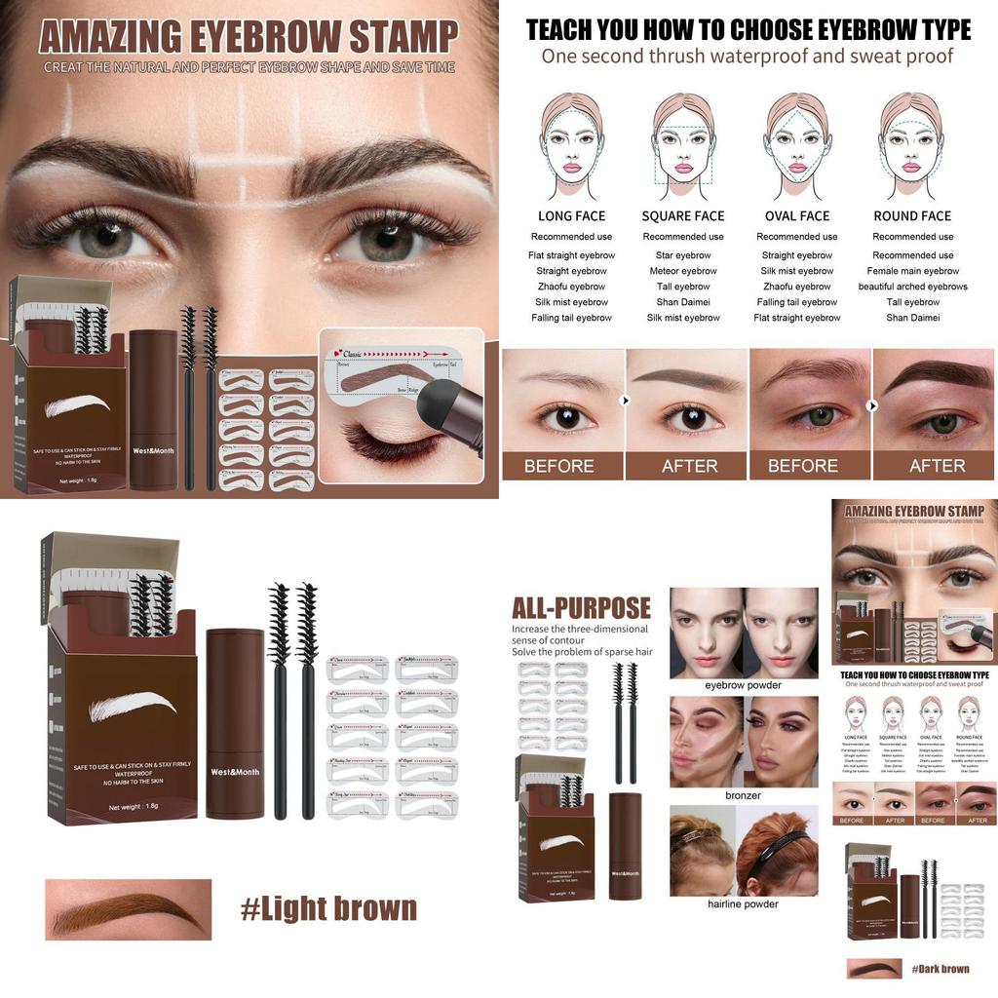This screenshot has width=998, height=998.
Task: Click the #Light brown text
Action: click(328, 908)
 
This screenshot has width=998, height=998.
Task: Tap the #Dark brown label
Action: click(940, 969)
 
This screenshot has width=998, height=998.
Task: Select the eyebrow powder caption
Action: click(744, 685)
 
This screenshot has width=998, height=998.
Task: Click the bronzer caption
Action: click(744, 795)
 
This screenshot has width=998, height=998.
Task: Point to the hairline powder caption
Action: click(744, 903)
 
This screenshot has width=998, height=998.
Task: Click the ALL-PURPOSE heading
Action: click(581, 609)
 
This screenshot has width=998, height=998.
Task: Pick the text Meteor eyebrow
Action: click(683, 271)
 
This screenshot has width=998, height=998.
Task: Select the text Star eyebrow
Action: click(683, 255)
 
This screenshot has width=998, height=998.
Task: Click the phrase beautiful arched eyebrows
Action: click(912, 287)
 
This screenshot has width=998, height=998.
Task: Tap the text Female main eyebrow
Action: click(912, 271)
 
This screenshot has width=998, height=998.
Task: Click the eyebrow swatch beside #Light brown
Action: click(128, 909)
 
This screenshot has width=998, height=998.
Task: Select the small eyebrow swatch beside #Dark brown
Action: click(874, 969)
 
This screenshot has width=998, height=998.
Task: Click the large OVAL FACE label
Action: click(797, 216)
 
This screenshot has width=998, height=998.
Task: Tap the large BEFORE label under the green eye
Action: click(803, 466)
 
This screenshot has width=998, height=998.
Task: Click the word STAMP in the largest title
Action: click(403, 37)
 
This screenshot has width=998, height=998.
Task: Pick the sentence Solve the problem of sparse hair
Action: click(582, 651)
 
